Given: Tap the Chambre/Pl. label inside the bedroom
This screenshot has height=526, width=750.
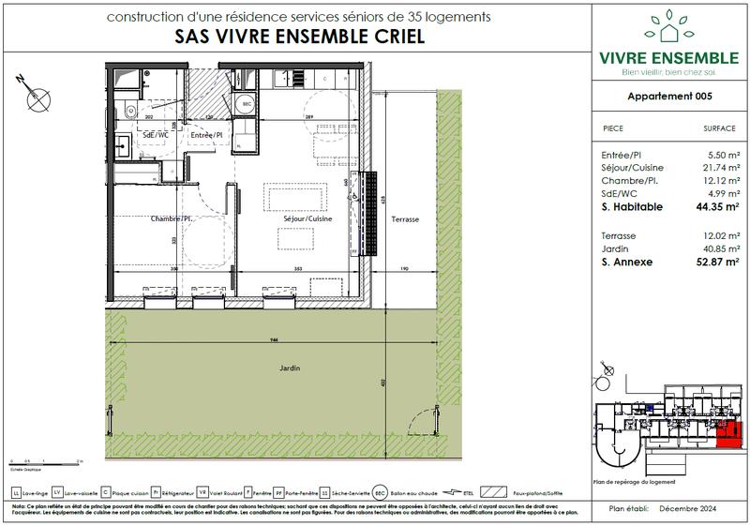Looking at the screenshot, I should pyautogui.click(x=171, y=218).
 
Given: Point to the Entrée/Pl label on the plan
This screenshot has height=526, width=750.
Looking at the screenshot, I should pyautogui.click(x=205, y=135).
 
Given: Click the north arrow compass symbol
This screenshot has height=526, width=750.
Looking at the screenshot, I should pyautogui.click(x=36, y=92).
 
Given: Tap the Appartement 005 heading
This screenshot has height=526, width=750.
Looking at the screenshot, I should pyautogui.click(x=667, y=98).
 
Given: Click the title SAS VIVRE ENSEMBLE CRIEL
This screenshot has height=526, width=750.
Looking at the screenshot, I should pyautogui.click(x=298, y=38).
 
